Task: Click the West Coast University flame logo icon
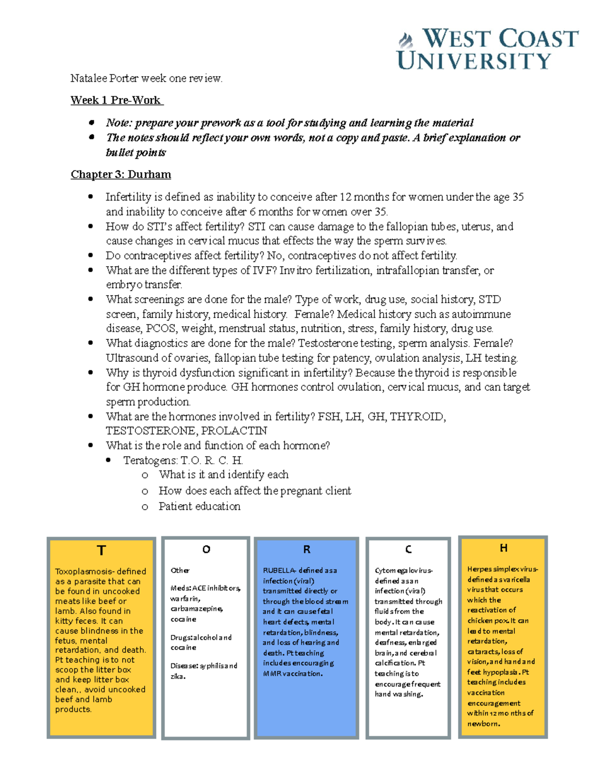point(406,40)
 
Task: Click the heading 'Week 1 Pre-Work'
point(116,100)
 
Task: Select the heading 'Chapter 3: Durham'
point(121,174)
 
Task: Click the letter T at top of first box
point(101,550)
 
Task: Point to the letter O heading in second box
point(206,549)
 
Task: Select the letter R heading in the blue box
point(307,549)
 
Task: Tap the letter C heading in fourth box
point(408,549)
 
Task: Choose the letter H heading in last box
point(503,548)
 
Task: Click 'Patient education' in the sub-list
point(199,506)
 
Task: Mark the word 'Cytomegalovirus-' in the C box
point(404,570)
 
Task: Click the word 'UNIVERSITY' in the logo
point(474,61)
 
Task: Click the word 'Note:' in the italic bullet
point(119,123)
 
